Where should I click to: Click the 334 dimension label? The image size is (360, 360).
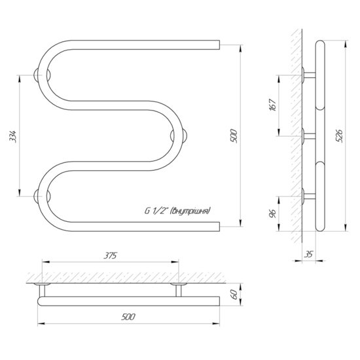[14, 136]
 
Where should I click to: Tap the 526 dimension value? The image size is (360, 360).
[339, 136]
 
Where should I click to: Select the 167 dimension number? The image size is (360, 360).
[272, 105]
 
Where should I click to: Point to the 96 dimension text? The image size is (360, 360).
[273, 213]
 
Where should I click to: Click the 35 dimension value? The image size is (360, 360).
[308, 254]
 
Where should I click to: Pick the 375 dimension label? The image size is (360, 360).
[110, 255]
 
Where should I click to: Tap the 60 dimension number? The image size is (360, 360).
[234, 294]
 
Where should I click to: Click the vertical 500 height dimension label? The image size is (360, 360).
[234, 136]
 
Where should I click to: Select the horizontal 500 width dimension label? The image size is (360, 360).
[128, 317]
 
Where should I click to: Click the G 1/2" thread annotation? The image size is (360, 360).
[177, 211]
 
